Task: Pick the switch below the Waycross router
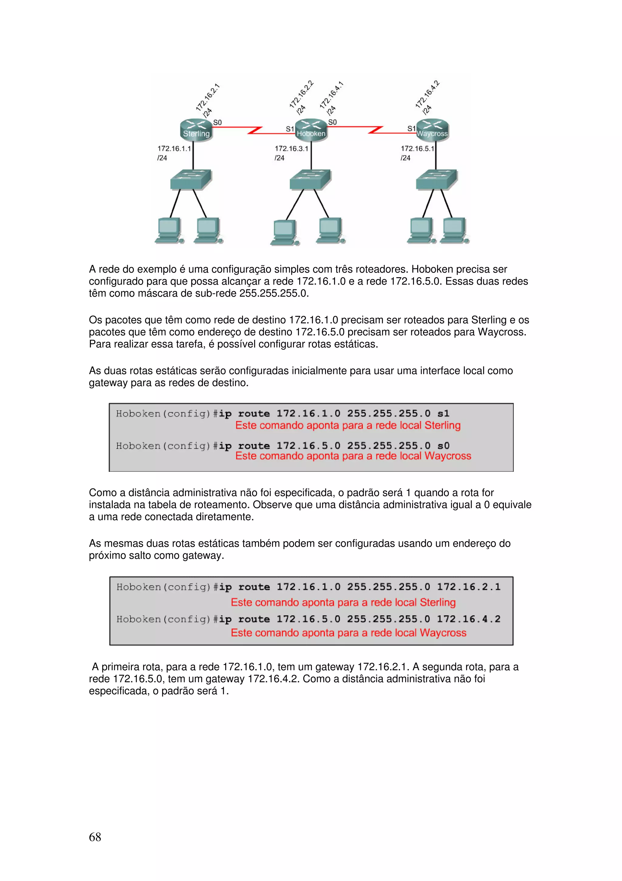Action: pyautogui.click(x=436, y=180)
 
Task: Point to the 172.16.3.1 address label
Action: pyautogui.click(x=291, y=148)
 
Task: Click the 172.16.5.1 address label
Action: pyautogui.click(x=417, y=148)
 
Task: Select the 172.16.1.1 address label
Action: pyautogui.click(x=174, y=148)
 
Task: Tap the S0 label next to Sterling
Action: pyautogui.click(x=217, y=123)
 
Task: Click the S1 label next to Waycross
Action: pyautogui.click(x=411, y=129)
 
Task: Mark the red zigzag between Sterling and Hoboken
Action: pyautogui.click(x=255, y=130)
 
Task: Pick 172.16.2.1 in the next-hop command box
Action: pyautogui.click(x=468, y=587)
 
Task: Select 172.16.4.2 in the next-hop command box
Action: pyautogui.click(x=468, y=619)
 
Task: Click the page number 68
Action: pyautogui.click(x=95, y=837)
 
